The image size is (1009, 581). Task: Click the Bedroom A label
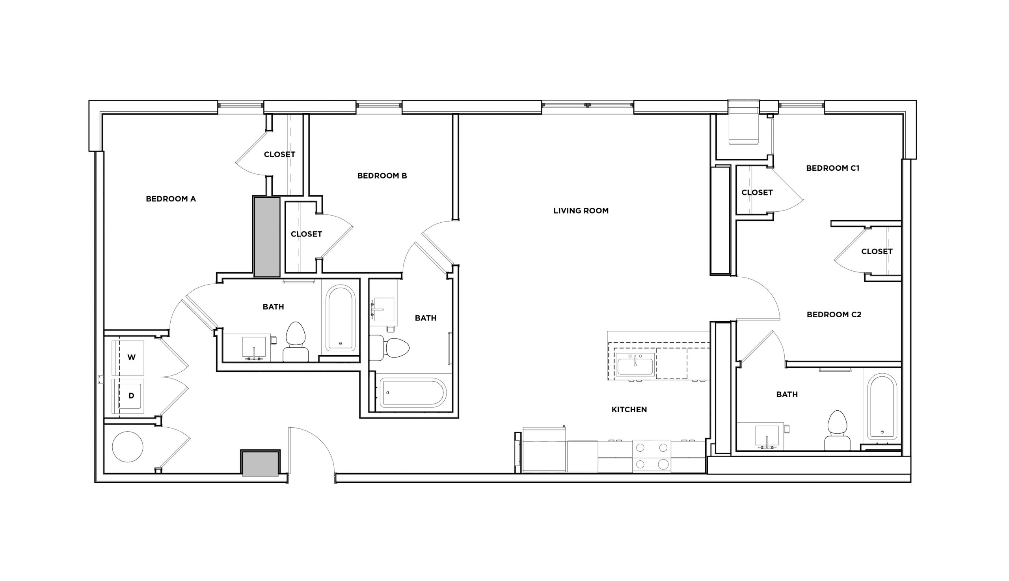170,199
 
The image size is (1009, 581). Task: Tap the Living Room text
581,211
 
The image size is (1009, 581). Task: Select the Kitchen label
629,410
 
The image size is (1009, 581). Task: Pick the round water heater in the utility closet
127,447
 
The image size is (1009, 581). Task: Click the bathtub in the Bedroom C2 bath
882,407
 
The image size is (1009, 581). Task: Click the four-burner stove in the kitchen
652,456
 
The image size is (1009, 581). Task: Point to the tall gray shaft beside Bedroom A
266,236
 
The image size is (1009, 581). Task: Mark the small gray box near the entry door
260,464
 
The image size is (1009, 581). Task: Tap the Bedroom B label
382,175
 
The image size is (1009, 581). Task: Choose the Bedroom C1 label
832,168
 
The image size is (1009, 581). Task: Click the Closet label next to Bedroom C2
877,251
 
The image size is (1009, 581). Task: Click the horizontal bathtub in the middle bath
412,393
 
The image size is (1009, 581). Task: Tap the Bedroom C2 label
834,315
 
